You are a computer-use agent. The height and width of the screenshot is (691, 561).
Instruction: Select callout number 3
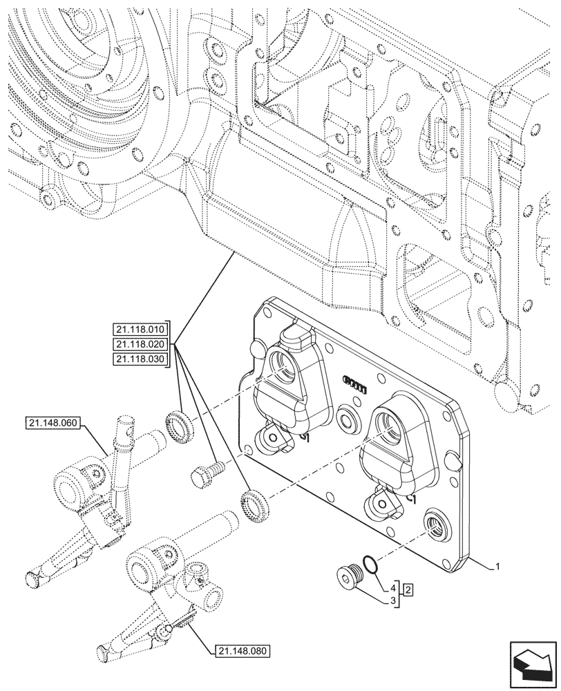coord(394,601)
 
